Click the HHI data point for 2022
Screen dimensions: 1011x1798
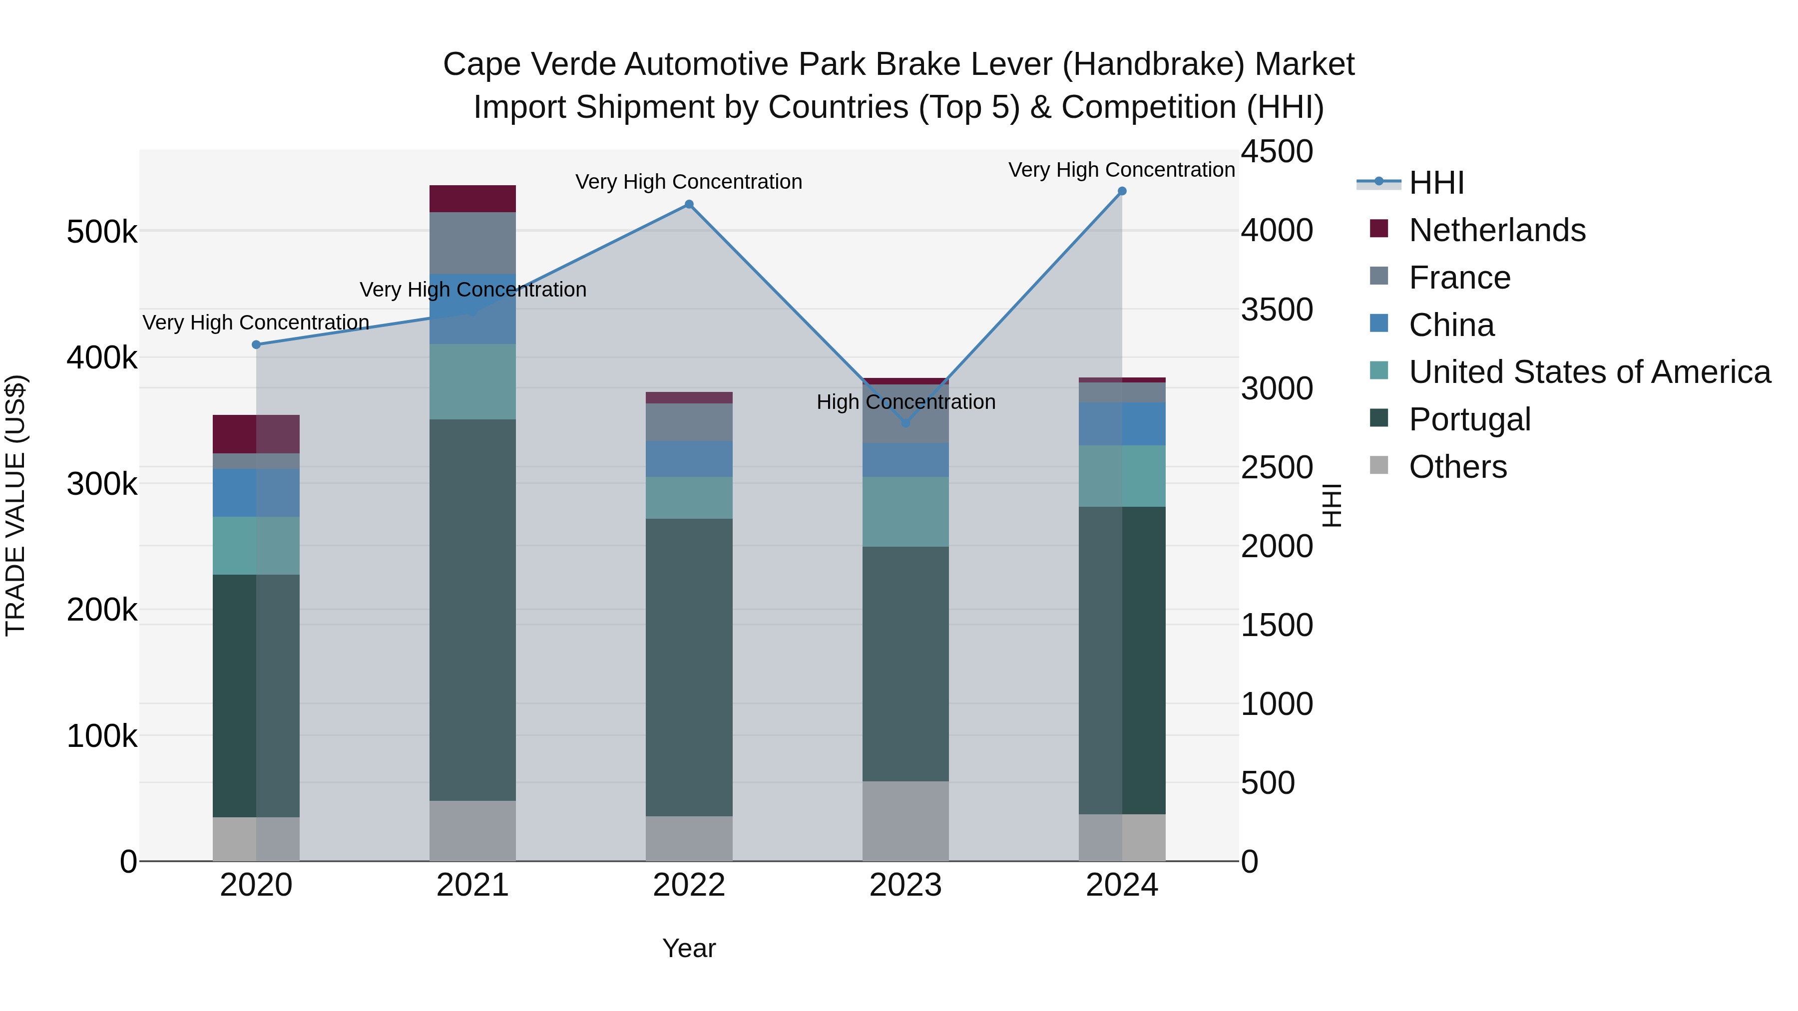click(x=689, y=204)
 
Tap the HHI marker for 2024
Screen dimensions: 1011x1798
click(x=1122, y=191)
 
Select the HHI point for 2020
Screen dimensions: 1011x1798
click(x=256, y=344)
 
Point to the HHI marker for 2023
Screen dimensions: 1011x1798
click(x=906, y=423)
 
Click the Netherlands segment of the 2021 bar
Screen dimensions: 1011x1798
click(x=472, y=199)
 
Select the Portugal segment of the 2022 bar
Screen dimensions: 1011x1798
click(x=689, y=667)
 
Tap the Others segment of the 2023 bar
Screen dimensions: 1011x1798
click(x=906, y=821)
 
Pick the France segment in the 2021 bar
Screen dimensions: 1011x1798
click(x=472, y=243)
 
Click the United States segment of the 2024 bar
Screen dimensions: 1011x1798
click(x=1122, y=476)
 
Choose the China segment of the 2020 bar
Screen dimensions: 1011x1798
click(x=256, y=493)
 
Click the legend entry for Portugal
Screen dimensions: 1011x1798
click(x=1469, y=419)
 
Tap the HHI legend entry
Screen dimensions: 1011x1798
click(x=1436, y=183)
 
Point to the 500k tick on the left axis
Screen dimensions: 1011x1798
click(x=102, y=232)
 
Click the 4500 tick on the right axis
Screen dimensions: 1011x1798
click(x=1277, y=151)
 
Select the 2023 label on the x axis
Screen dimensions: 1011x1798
click(x=906, y=885)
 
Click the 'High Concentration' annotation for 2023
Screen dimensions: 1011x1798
click(x=906, y=402)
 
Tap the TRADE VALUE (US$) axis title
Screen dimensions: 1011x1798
click(x=16, y=505)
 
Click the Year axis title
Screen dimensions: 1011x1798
click(x=689, y=948)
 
